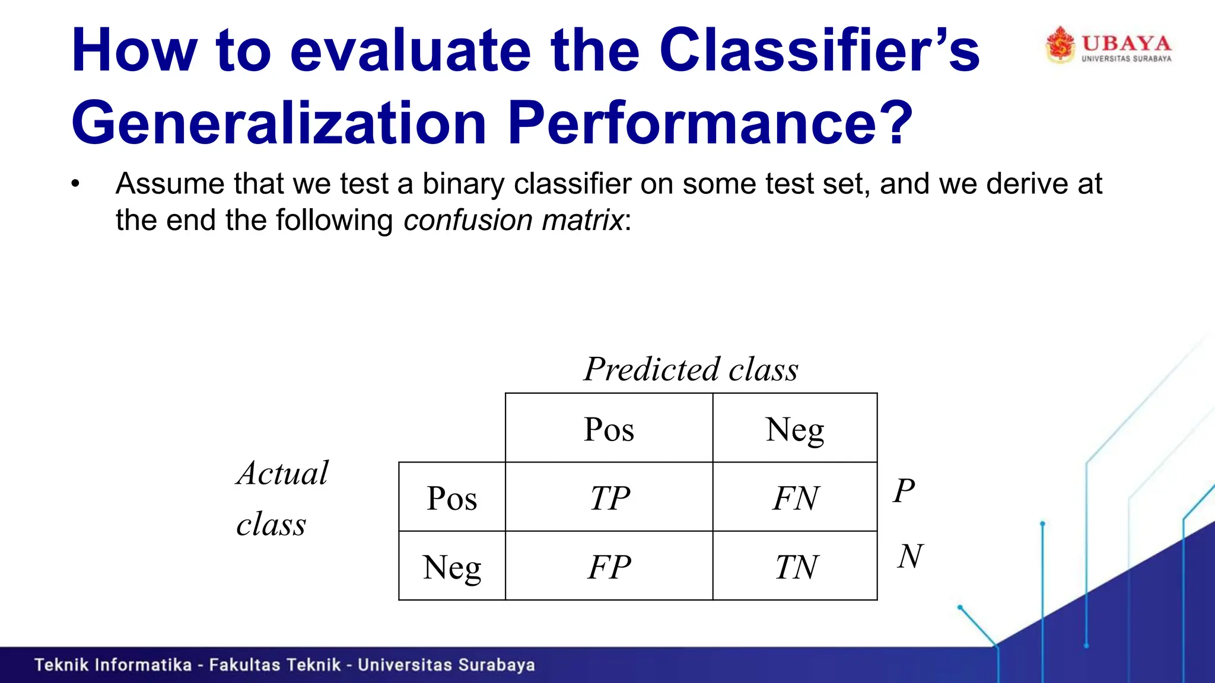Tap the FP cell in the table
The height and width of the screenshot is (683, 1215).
coord(609,567)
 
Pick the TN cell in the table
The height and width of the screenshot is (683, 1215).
coord(796,567)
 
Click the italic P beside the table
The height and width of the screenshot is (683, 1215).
coord(904,491)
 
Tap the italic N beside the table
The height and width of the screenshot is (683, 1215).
coord(910,556)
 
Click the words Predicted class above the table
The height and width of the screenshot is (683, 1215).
coord(691,369)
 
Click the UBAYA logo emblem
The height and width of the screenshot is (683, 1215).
coord(1060,44)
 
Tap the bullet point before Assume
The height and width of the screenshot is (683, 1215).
coord(75,184)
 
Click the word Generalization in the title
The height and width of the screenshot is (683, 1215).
coord(279,122)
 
